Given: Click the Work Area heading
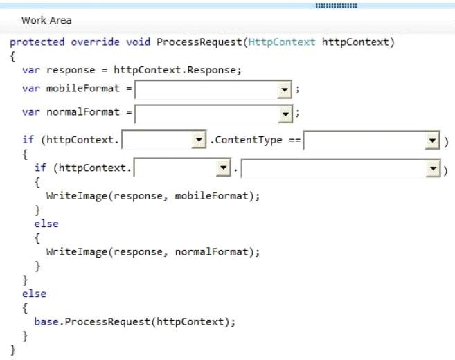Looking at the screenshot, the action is [x=46, y=20].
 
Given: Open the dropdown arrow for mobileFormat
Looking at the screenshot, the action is [x=285, y=89].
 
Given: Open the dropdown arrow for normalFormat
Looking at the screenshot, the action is [x=285, y=114].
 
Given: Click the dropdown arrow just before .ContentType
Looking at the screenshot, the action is [x=199, y=140].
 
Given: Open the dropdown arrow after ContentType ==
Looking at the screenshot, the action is [x=432, y=141].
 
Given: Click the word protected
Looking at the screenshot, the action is [x=37, y=42].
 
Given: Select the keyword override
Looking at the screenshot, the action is [x=95, y=42].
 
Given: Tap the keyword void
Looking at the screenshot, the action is [x=138, y=42].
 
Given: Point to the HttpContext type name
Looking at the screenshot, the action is [x=282, y=42].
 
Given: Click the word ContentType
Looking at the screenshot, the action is [x=249, y=140].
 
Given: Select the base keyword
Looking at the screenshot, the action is [x=46, y=322].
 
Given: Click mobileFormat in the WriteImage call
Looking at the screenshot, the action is [x=212, y=196].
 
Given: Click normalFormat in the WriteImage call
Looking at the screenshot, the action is [x=212, y=252].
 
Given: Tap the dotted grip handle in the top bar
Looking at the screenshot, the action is [x=337, y=6].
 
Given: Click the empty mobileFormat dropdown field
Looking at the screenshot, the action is [x=206, y=89].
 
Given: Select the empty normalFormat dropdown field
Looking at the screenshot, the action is [x=206, y=114].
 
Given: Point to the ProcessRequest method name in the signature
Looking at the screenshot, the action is [x=199, y=42].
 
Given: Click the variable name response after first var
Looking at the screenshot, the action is [x=71, y=71].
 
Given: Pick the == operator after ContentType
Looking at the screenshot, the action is [x=295, y=140].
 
